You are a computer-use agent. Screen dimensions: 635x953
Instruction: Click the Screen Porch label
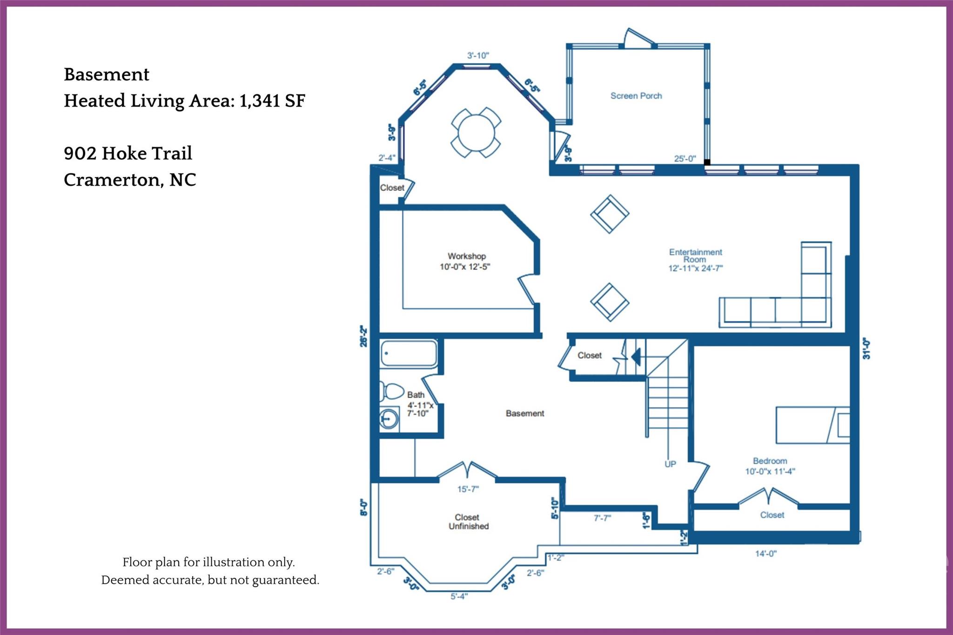click(636, 96)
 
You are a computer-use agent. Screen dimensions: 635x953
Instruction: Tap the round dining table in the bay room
click(476, 133)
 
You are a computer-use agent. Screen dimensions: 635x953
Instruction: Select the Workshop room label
click(466, 256)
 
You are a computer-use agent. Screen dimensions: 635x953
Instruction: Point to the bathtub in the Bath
click(409, 354)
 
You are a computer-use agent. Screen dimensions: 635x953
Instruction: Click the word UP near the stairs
click(670, 464)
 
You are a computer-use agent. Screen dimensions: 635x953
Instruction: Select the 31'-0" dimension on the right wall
click(866, 348)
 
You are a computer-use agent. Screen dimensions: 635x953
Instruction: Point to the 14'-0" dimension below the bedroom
click(765, 554)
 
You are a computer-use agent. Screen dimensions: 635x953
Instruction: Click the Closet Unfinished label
click(468, 522)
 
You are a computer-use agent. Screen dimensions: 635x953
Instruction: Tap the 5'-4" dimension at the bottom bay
click(459, 596)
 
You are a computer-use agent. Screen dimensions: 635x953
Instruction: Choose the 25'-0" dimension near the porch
click(685, 159)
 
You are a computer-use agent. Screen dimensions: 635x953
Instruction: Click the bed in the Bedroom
click(812, 425)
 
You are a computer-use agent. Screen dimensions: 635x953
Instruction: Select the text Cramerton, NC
click(130, 180)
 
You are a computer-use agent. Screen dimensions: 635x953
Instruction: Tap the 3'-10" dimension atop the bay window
click(478, 56)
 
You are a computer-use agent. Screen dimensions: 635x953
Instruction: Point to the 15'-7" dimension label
click(468, 489)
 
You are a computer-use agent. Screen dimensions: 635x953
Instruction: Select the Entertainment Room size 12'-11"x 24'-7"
click(695, 268)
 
